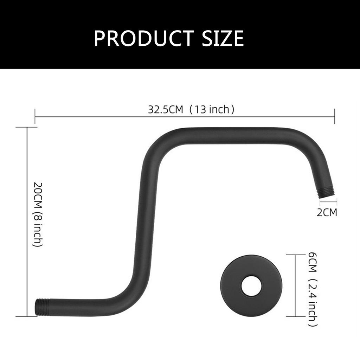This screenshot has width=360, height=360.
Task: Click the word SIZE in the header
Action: (x=223, y=38)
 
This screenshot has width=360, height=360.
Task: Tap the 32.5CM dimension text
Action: (x=166, y=109)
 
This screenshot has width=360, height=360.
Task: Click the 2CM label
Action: (x=327, y=212)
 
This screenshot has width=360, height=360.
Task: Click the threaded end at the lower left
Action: (x=42, y=307)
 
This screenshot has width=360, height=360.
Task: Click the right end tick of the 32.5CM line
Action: (x=334, y=116)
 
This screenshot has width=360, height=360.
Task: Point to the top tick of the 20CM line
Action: (x=27, y=128)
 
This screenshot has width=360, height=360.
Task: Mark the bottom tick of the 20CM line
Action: (x=27, y=316)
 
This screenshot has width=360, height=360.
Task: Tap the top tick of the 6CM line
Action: (x=295, y=255)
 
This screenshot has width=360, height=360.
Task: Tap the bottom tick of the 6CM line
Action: (x=295, y=316)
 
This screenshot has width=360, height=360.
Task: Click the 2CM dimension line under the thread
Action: (x=328, y=202)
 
